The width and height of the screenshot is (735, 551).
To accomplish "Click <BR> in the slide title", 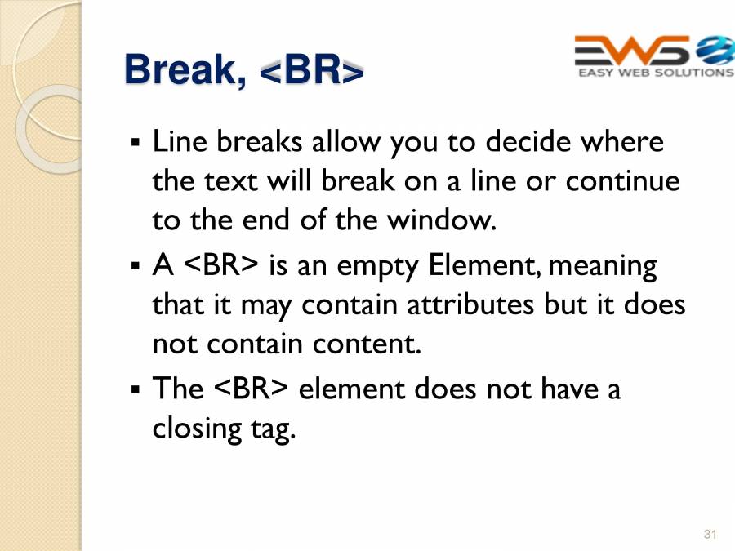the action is point(311,70).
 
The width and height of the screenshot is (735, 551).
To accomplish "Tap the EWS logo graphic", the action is point(654,51).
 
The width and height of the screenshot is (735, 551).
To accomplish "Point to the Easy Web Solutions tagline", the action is point(656,73).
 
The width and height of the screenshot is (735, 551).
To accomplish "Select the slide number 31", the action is point(710,534).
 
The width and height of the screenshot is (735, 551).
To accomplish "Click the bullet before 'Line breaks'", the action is point(136,141).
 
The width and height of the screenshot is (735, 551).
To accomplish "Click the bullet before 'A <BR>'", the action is point(136,265).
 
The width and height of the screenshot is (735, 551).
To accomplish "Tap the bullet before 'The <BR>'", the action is point(136,389).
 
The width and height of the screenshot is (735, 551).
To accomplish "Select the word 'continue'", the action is point(622,181).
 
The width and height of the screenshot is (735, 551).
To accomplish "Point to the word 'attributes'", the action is point(470,304).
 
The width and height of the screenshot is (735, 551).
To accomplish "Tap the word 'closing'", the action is point(197,429).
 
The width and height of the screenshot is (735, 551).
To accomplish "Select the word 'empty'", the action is point(376,266).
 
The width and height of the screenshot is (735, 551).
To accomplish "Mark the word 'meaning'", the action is point(603,266).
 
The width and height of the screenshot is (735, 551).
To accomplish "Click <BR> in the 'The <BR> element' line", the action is point(251,389).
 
